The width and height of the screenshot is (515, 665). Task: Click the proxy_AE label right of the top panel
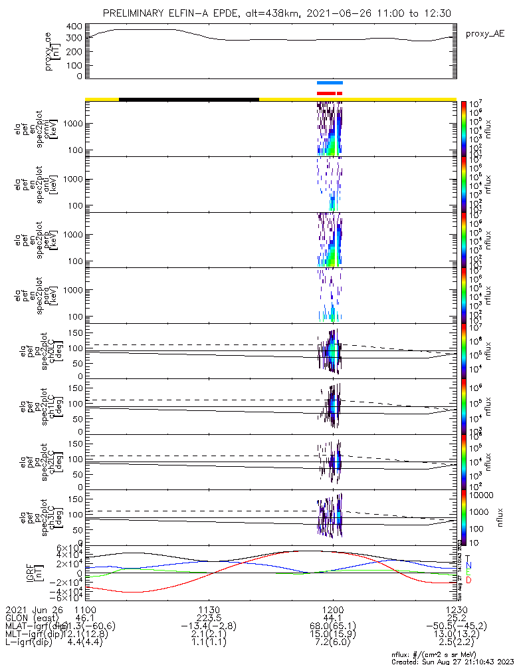[486, 33]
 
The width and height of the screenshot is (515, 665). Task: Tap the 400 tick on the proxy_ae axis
[74, 26]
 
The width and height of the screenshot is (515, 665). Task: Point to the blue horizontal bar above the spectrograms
[330, 82]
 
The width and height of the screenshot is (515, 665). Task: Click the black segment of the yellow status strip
[189, 99]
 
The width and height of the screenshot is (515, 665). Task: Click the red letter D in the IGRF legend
[468, 581]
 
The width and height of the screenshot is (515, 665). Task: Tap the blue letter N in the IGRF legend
[468, 565]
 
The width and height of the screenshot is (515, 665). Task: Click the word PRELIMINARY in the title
[136, 13]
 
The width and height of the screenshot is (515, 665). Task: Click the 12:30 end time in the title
[437, 13]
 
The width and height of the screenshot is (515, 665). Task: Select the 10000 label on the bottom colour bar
[483, 495]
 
